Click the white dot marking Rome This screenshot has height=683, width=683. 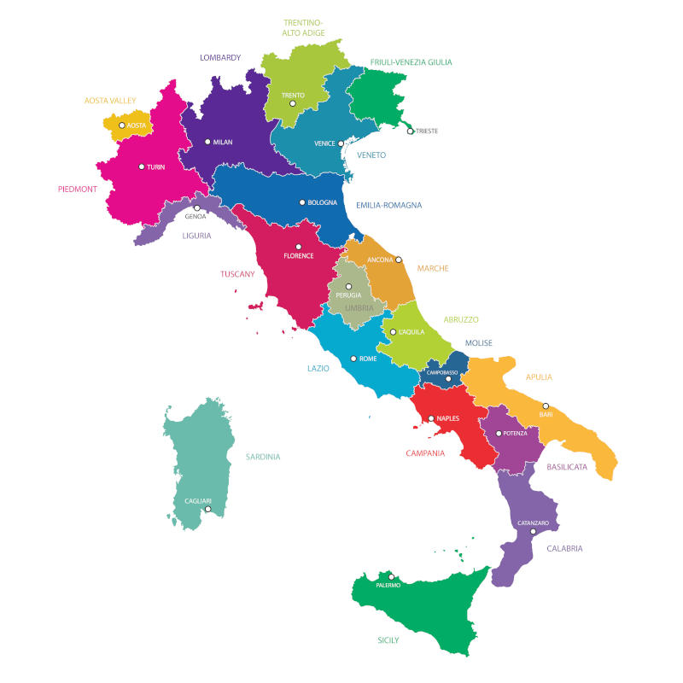[x=353, y=359]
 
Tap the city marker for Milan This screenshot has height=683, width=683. [x=207, y=143]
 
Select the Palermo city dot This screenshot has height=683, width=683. [x=392, y=577]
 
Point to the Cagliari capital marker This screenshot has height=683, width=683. [x=207, y=510]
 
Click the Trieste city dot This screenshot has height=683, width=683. [x=411, y=131]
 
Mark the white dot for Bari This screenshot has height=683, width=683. [x=546, y=406]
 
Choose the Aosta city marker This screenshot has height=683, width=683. [x=122, y=126]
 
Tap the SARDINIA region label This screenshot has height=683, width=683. [x=263, y=457]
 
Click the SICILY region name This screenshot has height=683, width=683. [x=388, y=639]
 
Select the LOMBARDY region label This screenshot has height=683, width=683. [x=220, y=58]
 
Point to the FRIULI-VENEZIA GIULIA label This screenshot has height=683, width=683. [x=412, y=62]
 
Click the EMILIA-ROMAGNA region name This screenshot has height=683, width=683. [x=388, y=205]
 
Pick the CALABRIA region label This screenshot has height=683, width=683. [x=564, y=549]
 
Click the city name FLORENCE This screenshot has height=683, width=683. [x=299, y=256]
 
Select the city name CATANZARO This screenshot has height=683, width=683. [x=534, y=522]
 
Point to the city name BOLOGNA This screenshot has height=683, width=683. [x=323, y=203]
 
